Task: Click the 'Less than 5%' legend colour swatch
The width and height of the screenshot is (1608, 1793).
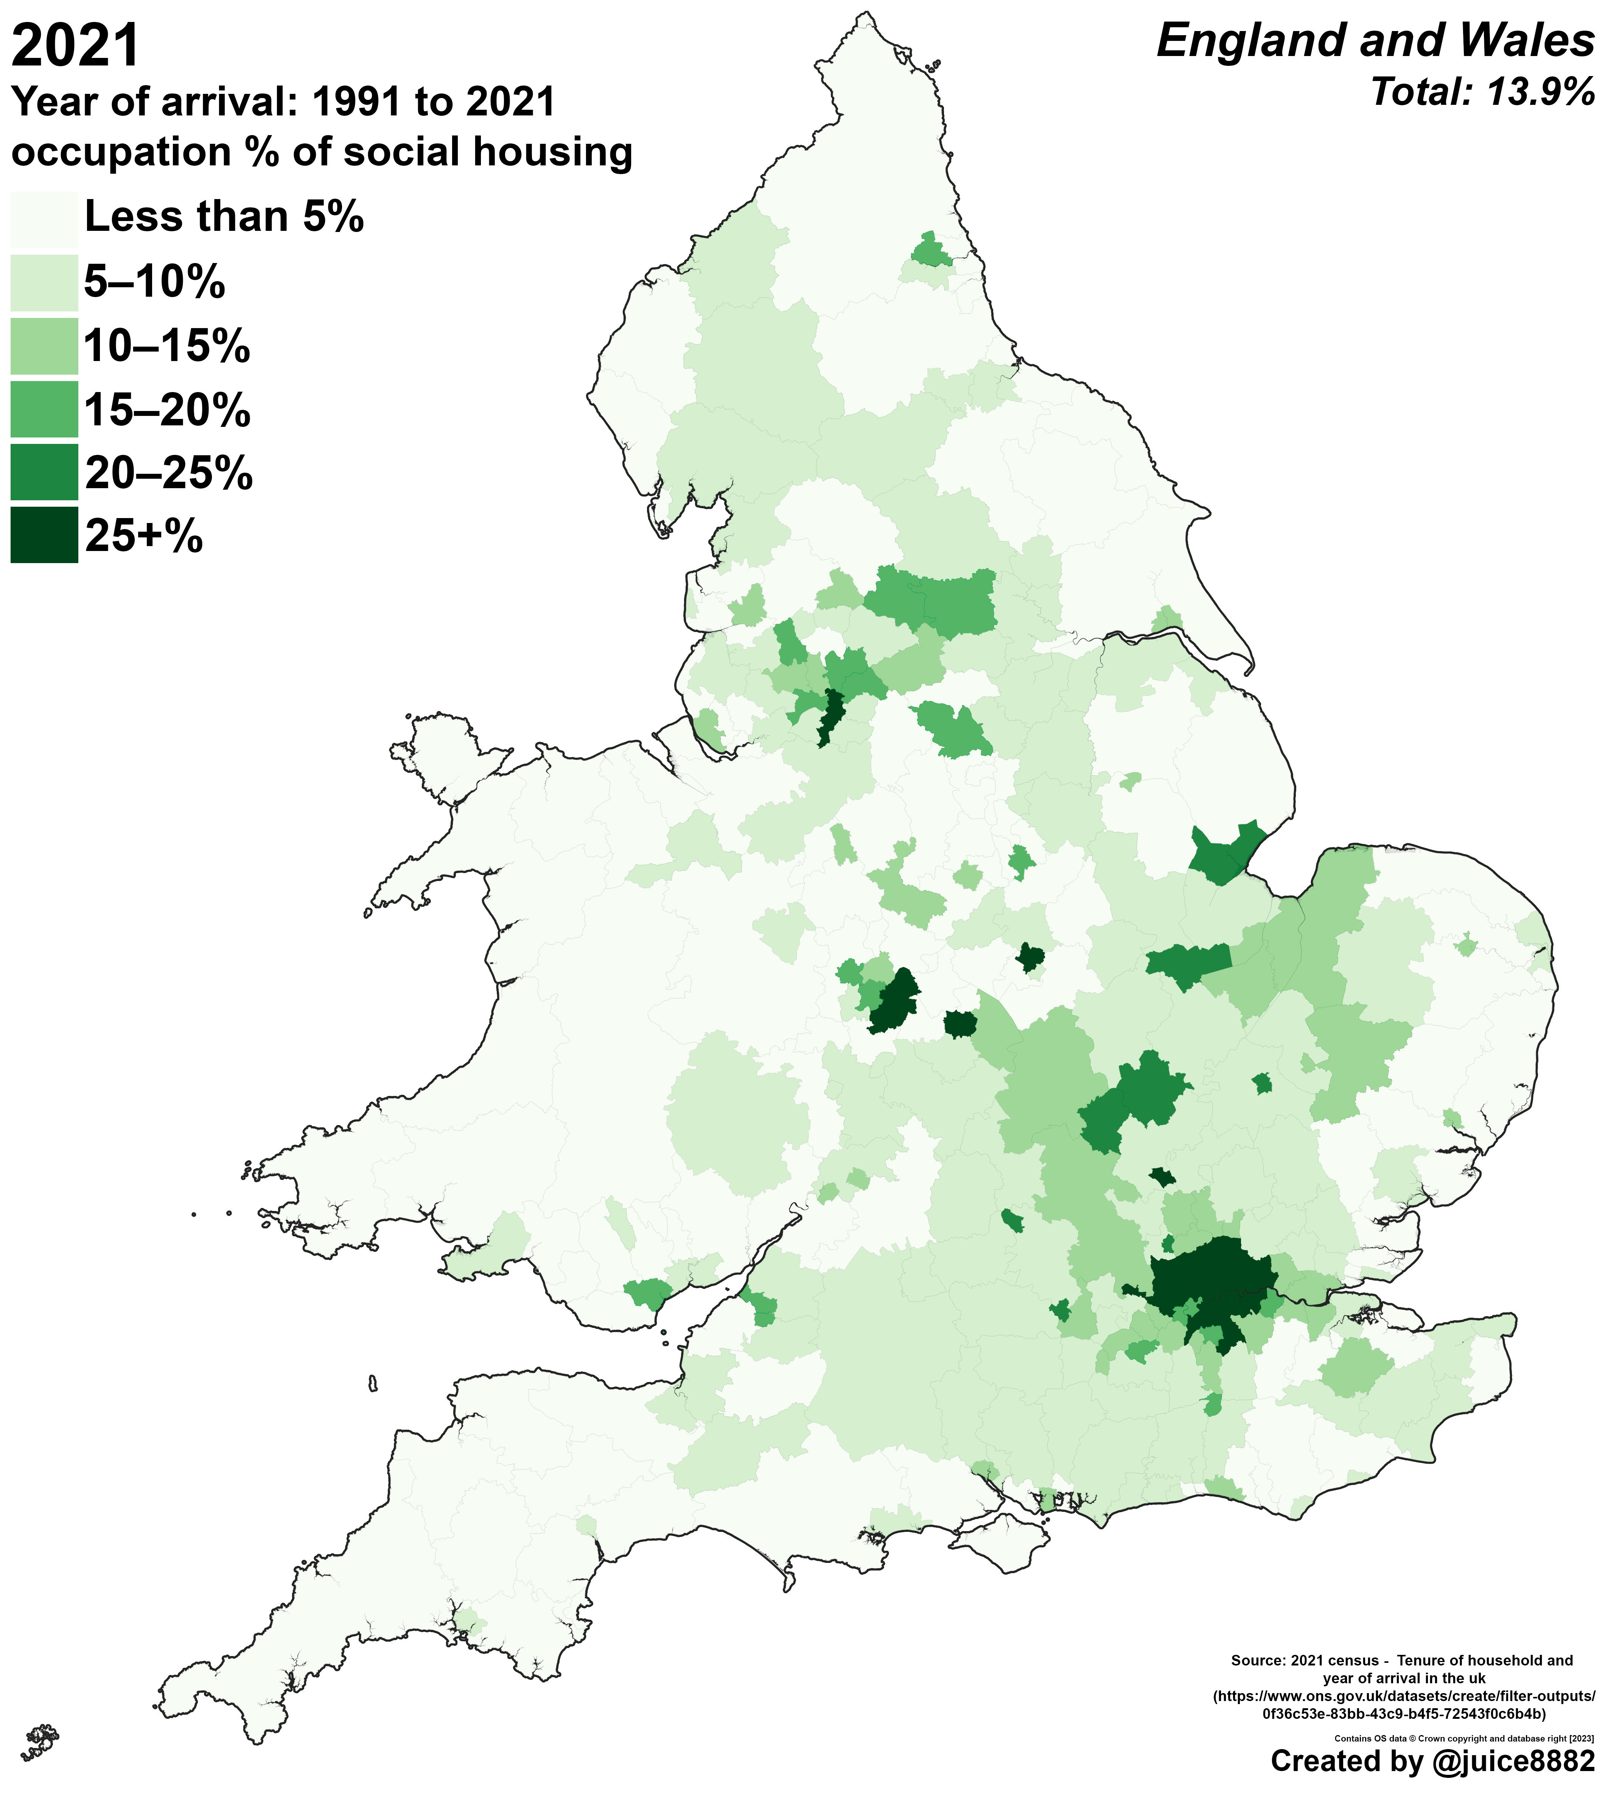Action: tap(44, 219)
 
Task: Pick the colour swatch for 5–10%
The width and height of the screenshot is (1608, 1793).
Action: tap(44, 283)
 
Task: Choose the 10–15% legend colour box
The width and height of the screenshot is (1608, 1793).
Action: tap(44, 346)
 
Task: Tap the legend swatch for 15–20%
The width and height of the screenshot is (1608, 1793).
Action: tap(44, 409)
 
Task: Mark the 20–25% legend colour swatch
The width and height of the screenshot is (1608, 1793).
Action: tap(44, 473)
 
